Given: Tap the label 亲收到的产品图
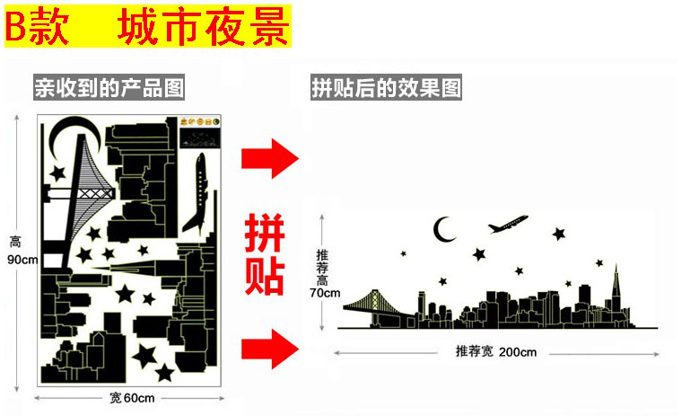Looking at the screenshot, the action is [x=109, y=87].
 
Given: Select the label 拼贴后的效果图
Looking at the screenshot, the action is [x=386, y=87].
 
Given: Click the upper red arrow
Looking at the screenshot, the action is [x=269, y=160].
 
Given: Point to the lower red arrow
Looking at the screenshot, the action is [x=269, y=347].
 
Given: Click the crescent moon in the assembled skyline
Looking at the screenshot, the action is [x=444, y=231].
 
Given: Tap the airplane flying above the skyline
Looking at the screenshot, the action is [x=508, y=221].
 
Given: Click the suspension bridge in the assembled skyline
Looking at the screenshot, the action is [x=375, y=305].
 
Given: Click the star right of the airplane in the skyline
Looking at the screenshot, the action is [x=559, y=235].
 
